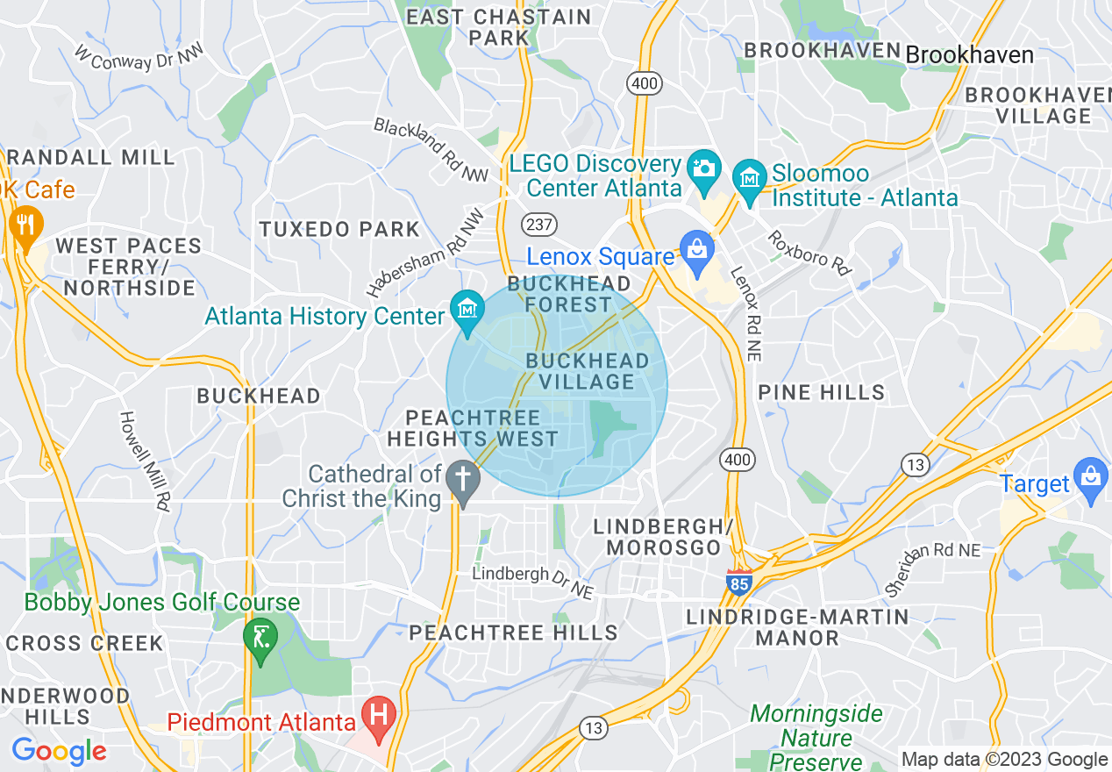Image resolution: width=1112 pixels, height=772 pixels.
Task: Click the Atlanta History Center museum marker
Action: [467, 310]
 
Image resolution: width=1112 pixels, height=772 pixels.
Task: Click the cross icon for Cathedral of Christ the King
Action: [462, 481]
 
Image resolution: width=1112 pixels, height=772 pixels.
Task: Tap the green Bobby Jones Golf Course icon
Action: [260, 635]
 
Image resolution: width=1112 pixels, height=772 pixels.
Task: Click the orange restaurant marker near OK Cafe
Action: [25, 225]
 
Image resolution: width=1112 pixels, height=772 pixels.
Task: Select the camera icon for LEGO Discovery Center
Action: [704, 166]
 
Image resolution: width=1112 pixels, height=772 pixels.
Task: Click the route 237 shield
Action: [539, 224]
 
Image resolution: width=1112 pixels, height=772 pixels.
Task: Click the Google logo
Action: [59, 751]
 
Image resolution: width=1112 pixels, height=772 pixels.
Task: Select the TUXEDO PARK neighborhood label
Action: [339, 230]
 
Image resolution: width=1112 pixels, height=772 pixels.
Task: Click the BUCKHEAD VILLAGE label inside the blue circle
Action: [588, 371]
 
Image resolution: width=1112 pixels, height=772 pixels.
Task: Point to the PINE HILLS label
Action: [821, 392]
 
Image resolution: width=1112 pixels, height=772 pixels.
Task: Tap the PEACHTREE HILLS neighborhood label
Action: [513, 633]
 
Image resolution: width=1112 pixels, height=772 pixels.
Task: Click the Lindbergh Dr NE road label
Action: [531, 583]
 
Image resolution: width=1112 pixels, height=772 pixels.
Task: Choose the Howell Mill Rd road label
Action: [145, 461]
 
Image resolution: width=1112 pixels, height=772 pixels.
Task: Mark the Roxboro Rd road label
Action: [809, 253]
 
